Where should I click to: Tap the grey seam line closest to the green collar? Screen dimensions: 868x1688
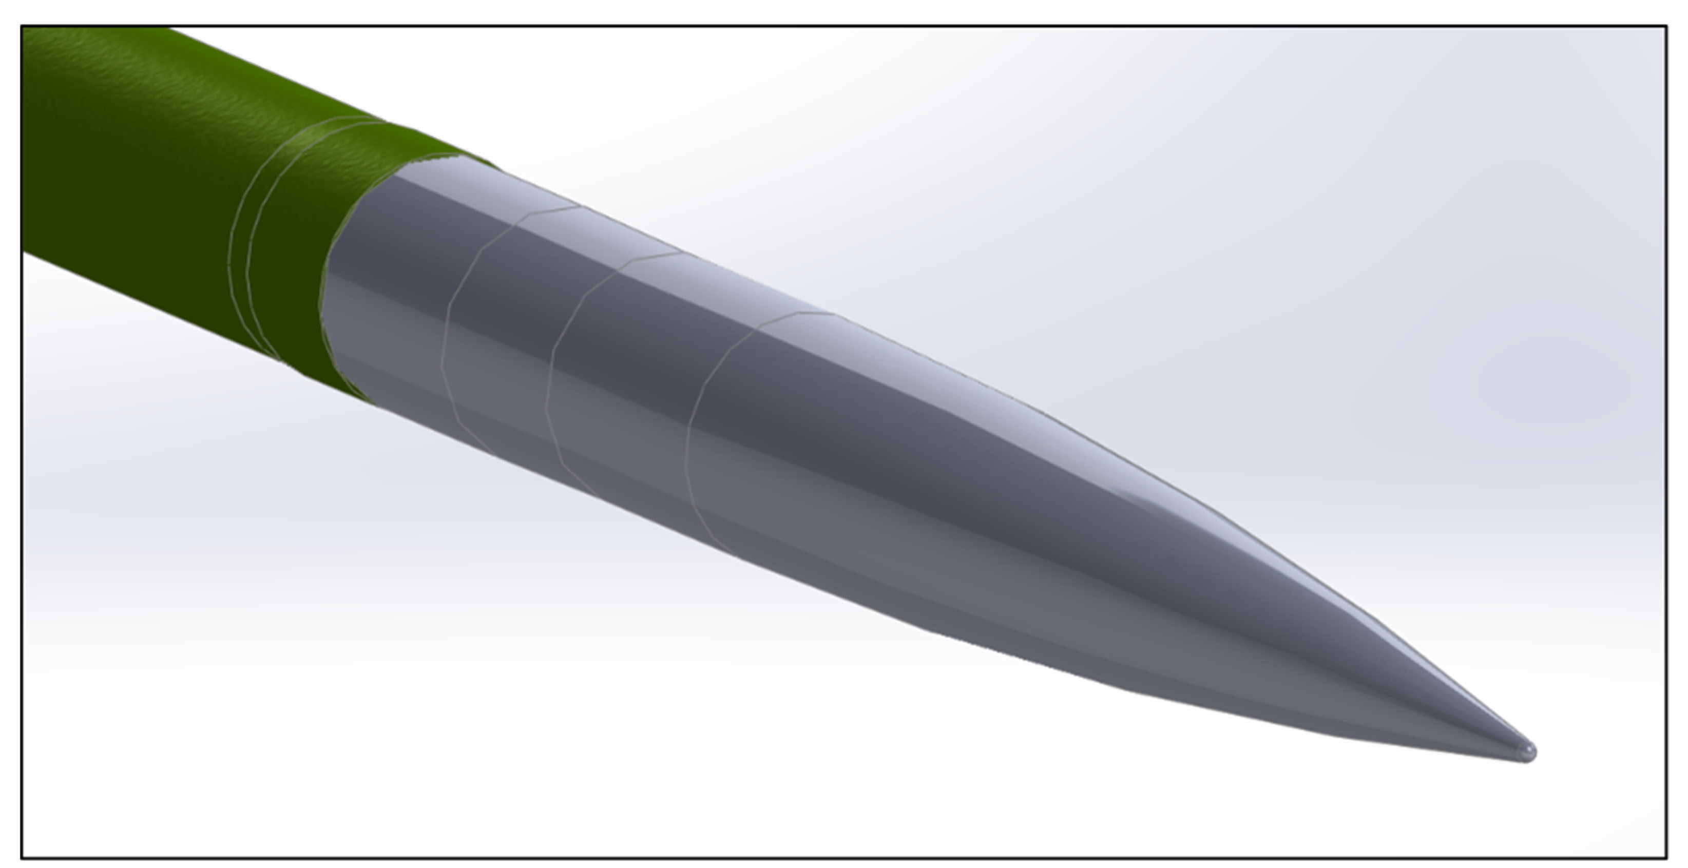point(446,341)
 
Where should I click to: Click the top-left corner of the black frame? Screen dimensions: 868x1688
point(22,27)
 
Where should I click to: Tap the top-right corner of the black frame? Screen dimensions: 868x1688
point(1666,27)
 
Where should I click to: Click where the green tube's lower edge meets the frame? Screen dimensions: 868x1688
point(24,252)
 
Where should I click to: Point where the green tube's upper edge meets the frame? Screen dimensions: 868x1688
point(170,28)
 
